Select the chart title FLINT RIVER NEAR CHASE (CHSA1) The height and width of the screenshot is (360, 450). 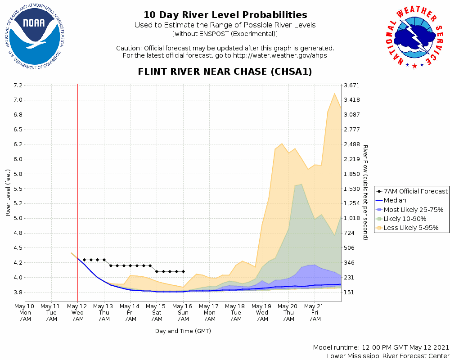pos(225,72)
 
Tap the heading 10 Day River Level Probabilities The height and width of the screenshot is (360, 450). pos(225,15)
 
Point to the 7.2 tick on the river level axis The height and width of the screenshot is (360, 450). pos(18,85)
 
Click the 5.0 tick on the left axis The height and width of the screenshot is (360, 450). pos(18,218)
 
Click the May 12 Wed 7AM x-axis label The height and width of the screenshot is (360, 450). pos(77,312)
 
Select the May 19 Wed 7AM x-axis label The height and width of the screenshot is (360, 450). pos(262,312)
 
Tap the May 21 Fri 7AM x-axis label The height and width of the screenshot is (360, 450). pos(315,312)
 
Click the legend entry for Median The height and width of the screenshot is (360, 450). pos(396,200)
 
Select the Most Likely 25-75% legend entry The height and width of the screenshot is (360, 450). pos(414,210)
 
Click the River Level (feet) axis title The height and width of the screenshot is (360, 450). pos(8,193)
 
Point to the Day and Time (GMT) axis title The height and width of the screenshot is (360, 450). pos(183,331)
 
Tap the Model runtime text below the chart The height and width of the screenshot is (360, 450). pos(381,347)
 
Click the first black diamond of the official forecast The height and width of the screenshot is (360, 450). pos(84,260)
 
